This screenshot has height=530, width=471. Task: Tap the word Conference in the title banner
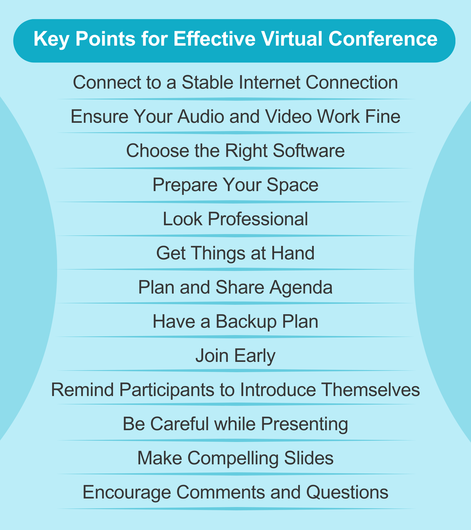tap(383, 39)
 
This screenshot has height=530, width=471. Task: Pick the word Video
tap(287, 117)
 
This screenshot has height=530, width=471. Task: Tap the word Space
tap(292, 185)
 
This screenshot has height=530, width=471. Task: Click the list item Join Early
tap(235, 356)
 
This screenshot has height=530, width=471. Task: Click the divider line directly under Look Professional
tap(235, 236)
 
